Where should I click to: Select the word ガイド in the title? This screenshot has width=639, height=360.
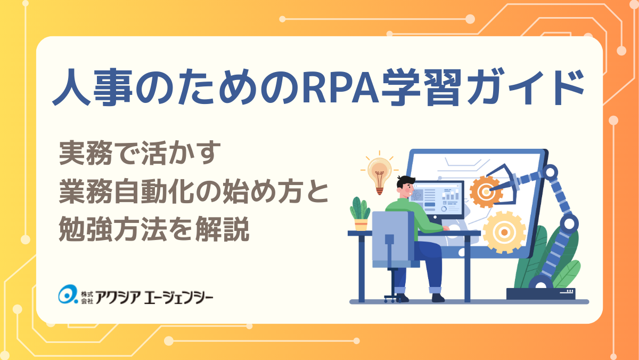pyautogui.click(x=526, y=87)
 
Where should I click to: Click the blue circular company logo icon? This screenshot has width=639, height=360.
pyautogui.click(x=68, y=294)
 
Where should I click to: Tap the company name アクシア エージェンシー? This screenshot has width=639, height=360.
pyautogui.click(x=154, y=297)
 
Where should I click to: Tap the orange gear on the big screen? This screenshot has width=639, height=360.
pyautogui.click(x=485, y=191)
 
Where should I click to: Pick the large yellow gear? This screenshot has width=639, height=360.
pyautogui.click(x=504, y=233)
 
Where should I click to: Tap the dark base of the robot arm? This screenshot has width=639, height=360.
pyautogui.click(x=541, y=294)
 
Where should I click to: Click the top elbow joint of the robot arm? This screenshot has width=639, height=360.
pyautogui.click(x=551, y=172)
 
